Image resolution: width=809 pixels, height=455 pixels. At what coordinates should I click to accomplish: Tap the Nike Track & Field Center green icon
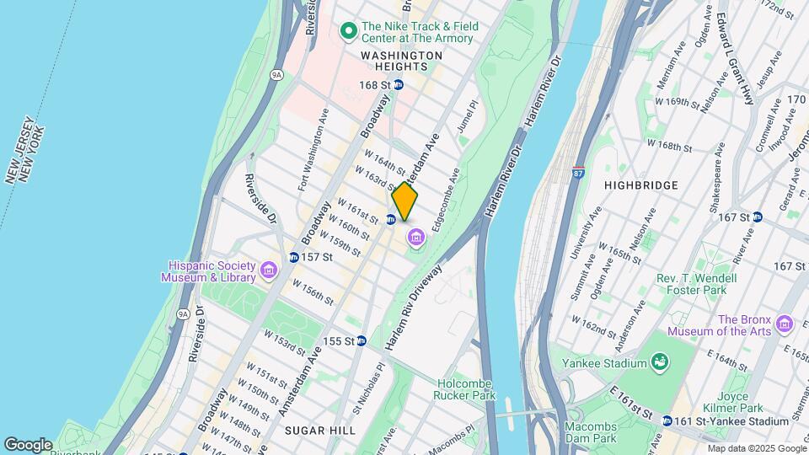click(348, 32)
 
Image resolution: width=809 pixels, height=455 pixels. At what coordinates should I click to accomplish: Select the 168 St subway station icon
click(399, 85)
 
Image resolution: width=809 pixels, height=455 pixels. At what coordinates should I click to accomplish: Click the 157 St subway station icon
click(293, 257)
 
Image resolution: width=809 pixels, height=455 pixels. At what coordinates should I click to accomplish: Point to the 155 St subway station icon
click(361, 341)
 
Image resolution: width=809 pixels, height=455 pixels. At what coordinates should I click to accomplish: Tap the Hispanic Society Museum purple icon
click(269, 270)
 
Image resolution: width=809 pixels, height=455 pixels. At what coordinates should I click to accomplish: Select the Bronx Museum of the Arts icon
click(785, 324)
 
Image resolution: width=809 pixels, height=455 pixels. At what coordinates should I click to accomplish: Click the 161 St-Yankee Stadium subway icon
click(667, 421)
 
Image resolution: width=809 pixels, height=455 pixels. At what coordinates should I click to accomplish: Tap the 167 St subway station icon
click(757, 217)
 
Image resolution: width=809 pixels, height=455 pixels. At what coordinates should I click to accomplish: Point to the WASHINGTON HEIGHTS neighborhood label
click(401, 56)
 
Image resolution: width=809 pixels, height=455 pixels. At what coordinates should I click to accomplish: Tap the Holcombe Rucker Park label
click(465, 389)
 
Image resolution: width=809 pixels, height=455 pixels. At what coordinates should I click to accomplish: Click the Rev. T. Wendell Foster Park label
click(696, 285)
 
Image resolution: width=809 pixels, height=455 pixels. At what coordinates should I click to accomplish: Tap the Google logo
click(28, 444)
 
